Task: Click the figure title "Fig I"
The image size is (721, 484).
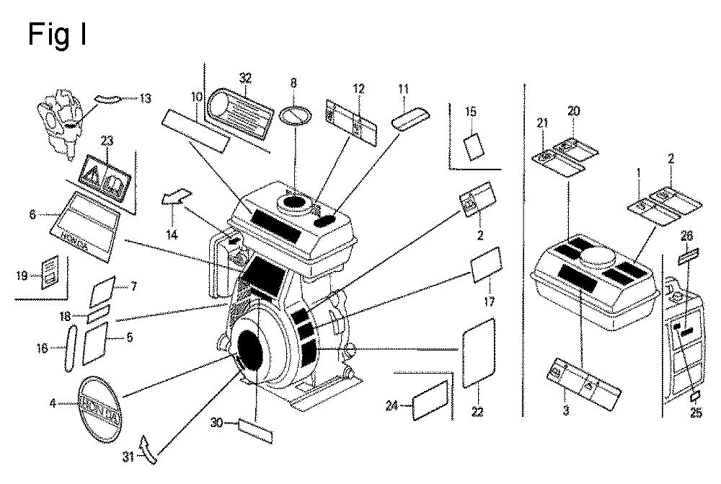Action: point(57,33)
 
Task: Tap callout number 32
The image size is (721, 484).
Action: point(245,78)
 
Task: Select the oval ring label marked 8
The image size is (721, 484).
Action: point(293,115)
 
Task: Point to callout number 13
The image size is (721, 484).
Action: point(146,98)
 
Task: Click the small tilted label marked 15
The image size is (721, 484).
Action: point(474,146)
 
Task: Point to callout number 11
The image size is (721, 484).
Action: point(403,89)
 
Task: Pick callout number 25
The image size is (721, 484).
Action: point(695,413)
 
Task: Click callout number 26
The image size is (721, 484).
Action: point(687,235)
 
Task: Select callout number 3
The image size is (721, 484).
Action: point(566,412)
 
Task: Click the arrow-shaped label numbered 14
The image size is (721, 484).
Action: point(176,196)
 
